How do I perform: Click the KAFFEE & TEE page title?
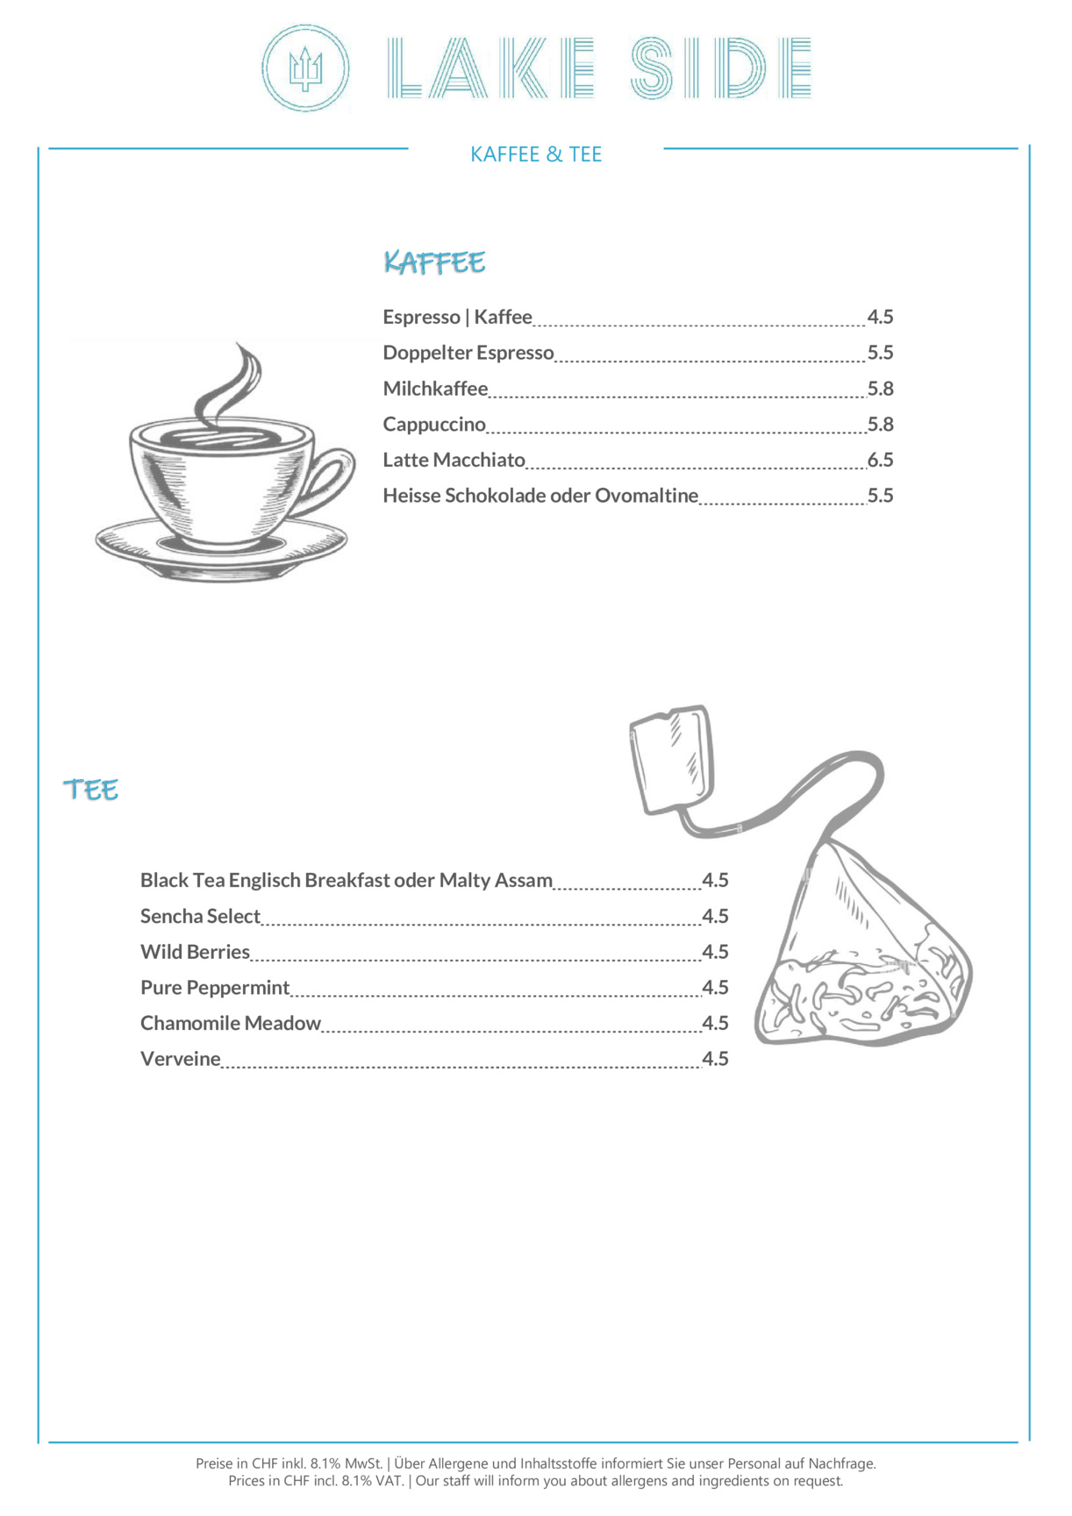[x=536, y=154]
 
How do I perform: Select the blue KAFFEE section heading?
[x=434, y=261]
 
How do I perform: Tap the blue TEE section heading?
[x=90, y=790]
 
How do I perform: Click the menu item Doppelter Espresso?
[x=468, y=353]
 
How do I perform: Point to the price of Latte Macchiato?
[x=880, y=460]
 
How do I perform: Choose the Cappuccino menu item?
[x=434, y=425]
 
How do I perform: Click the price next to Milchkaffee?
[x=880, y=389]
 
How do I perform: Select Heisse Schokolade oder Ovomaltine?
[x=540, y=496]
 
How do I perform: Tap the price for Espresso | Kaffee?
[x=880, y=317]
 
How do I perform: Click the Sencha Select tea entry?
[x=200, y=916]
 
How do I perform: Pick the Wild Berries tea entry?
[x=195, y=952]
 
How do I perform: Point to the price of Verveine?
[x=715, y=1059]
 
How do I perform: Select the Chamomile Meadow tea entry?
[x=231, y=1023]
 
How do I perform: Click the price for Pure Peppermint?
[x=715, y=988]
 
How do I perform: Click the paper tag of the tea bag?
[x=671, y=759]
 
